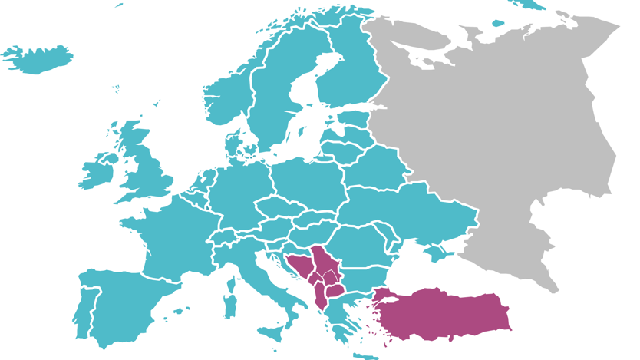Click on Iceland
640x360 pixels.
pos(38,58)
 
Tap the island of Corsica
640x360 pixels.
pos(230,282)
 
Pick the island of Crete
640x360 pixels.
pos(367,355)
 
